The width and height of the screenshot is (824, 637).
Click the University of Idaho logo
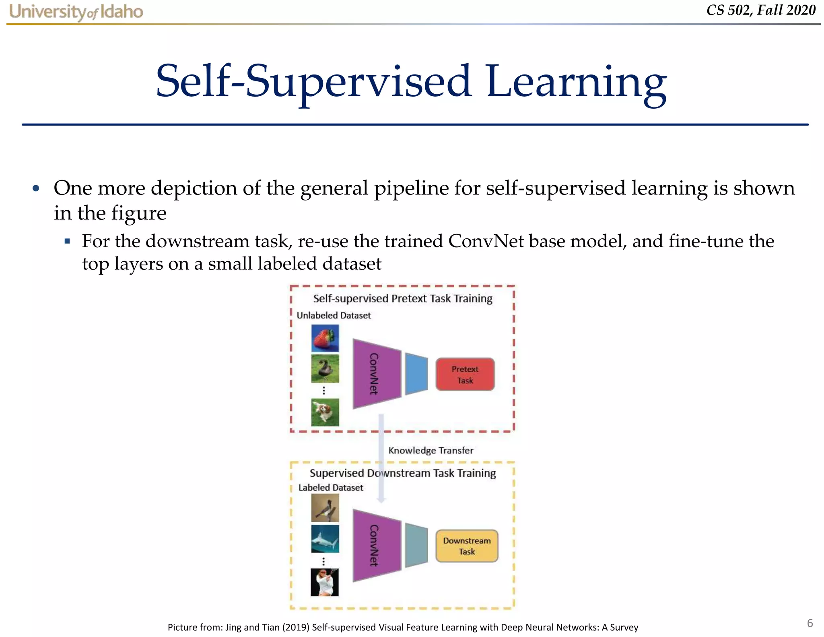coord(76,12)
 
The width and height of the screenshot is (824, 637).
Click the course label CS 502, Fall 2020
coord(761,10)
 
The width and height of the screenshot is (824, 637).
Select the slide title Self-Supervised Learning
coord(411,82)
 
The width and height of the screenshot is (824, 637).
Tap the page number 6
coord(810,623)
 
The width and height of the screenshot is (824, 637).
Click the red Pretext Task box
coord(465,374)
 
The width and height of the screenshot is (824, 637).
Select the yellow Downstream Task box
coord(467,546)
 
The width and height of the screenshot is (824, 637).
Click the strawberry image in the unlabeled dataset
coord(325,338)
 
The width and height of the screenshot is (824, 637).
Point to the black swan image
coord(325,368)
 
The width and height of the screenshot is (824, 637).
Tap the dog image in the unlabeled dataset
coord(325,412)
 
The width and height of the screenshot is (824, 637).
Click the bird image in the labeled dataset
coord(325,508)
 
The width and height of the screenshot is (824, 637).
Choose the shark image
coord(325,539)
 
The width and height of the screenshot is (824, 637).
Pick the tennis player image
coord(325,582)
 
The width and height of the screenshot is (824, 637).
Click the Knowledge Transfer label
coord(431,450)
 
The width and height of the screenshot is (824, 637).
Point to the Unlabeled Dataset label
coord(334,315)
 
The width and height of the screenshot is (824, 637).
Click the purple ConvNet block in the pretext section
coord(376,374)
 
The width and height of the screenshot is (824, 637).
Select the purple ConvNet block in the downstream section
coord(376,546)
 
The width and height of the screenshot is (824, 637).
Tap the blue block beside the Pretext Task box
coord(416,374)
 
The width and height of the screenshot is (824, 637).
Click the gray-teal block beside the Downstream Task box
coord(416,546)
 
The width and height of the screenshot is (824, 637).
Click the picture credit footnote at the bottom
coord(403,627)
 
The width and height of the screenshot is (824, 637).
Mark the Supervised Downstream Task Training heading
coord(402,473)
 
